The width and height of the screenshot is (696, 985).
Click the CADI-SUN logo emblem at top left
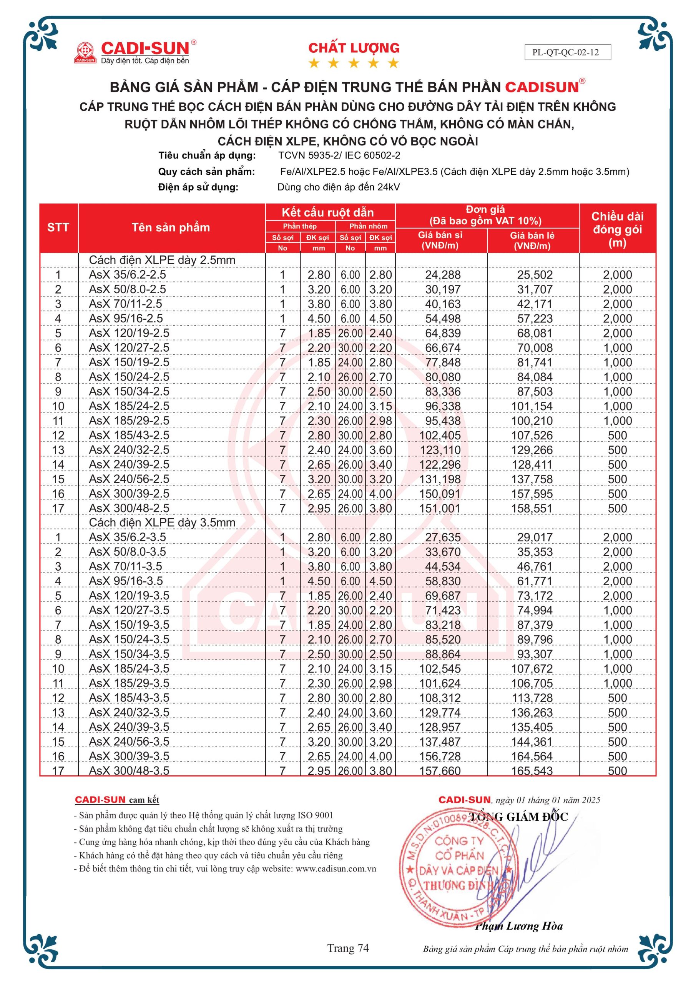coord(85,52)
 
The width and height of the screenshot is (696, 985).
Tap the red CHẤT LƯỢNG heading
coord(354,48)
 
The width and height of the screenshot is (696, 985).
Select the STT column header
coord(58,227)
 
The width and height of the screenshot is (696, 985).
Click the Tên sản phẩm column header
coord(171,227)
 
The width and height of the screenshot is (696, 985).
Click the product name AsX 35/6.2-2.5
coord(127,275)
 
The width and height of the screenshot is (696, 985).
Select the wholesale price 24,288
coord(443,275)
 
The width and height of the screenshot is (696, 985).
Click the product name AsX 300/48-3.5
coord(129,771)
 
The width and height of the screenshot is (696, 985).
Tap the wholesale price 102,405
coord(440,436)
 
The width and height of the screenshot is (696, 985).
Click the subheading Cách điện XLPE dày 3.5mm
coord(162,523)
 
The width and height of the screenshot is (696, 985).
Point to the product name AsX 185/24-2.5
coord(129,406)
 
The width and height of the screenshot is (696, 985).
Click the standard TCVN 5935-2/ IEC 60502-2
coord(339,155)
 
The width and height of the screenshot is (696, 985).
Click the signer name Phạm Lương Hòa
coord(518,926)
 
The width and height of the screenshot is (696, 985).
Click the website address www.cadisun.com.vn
coord(336,869)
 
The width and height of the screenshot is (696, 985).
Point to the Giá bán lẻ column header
coord(532,240)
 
